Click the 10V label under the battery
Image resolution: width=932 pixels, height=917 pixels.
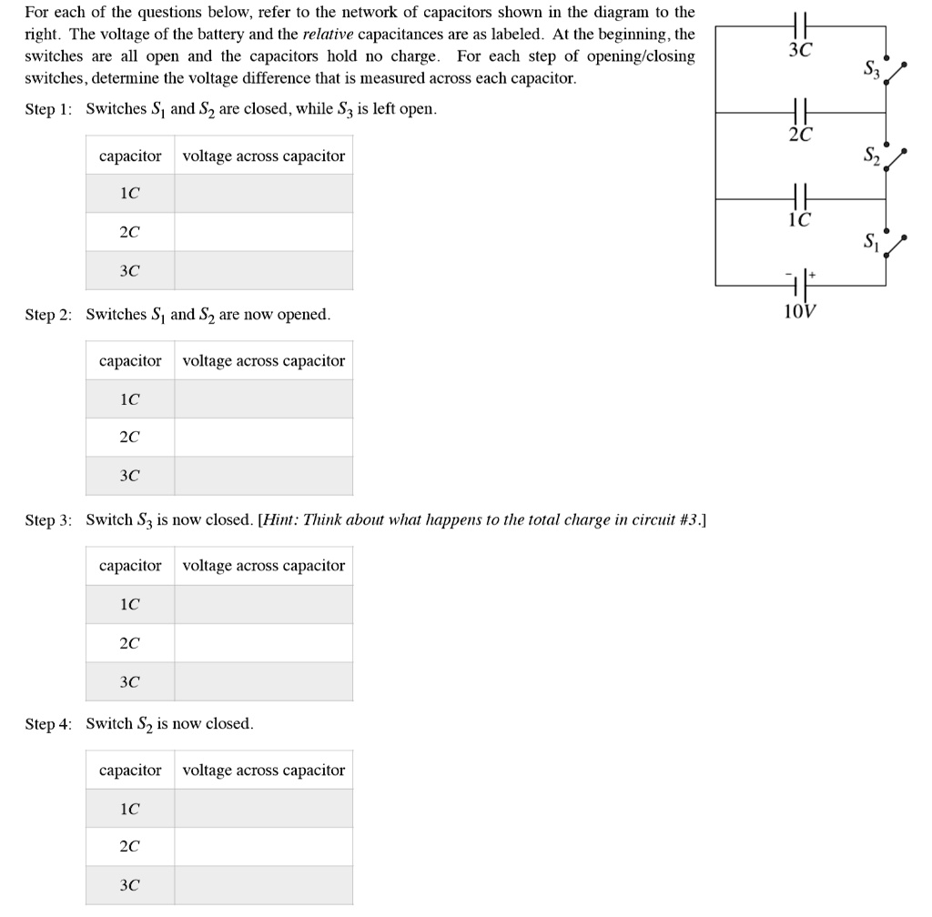[x=800, y=312]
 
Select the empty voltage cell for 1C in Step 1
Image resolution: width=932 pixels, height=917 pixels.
[x=263, y=194]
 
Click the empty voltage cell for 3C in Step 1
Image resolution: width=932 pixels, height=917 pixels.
[x=263, y=270]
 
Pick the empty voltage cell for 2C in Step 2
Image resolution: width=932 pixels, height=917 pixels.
[x=263, y=437]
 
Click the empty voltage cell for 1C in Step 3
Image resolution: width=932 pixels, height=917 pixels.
[x=263, y=604]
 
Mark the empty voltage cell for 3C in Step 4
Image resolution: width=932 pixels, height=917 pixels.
[x=263, y=884]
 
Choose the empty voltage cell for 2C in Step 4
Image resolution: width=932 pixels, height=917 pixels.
[x=263, y=846]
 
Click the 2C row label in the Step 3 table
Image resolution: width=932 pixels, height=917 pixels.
[x=130, y=642]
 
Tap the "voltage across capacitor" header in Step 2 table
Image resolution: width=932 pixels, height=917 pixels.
[x=264, y=361]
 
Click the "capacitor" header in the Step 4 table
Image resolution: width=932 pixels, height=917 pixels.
[x=130, y=771]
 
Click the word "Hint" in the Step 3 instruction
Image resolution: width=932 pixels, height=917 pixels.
[x=282, y=520]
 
